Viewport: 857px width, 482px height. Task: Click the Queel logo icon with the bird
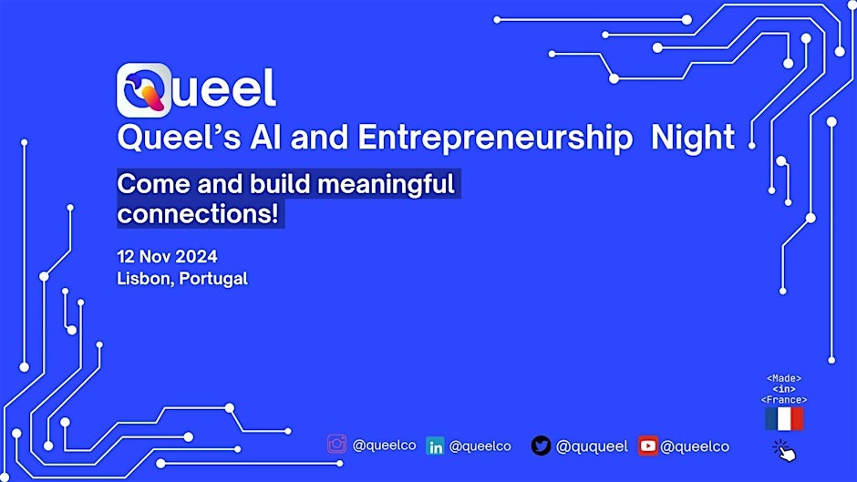(144, 89)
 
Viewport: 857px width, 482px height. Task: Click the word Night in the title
(694, 138)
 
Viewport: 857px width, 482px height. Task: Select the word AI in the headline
(280, 138)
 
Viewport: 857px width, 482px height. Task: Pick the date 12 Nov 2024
(167, 256)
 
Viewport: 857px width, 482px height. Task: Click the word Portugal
(213, 279)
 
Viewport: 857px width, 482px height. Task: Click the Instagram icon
(336, 445)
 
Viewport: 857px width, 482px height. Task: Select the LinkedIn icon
(436, 446)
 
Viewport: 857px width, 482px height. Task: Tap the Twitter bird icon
(541, 446)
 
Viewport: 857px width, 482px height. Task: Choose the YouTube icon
(647, 446)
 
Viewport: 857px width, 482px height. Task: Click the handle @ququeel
(592, 446)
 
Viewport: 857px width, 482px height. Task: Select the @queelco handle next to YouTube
(695, 446)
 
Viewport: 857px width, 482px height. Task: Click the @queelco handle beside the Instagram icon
(384, 446)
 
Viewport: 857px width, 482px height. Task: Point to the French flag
(784, 419)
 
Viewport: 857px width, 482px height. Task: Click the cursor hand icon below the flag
(784, 449)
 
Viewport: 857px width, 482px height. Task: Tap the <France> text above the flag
(784, 399)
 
